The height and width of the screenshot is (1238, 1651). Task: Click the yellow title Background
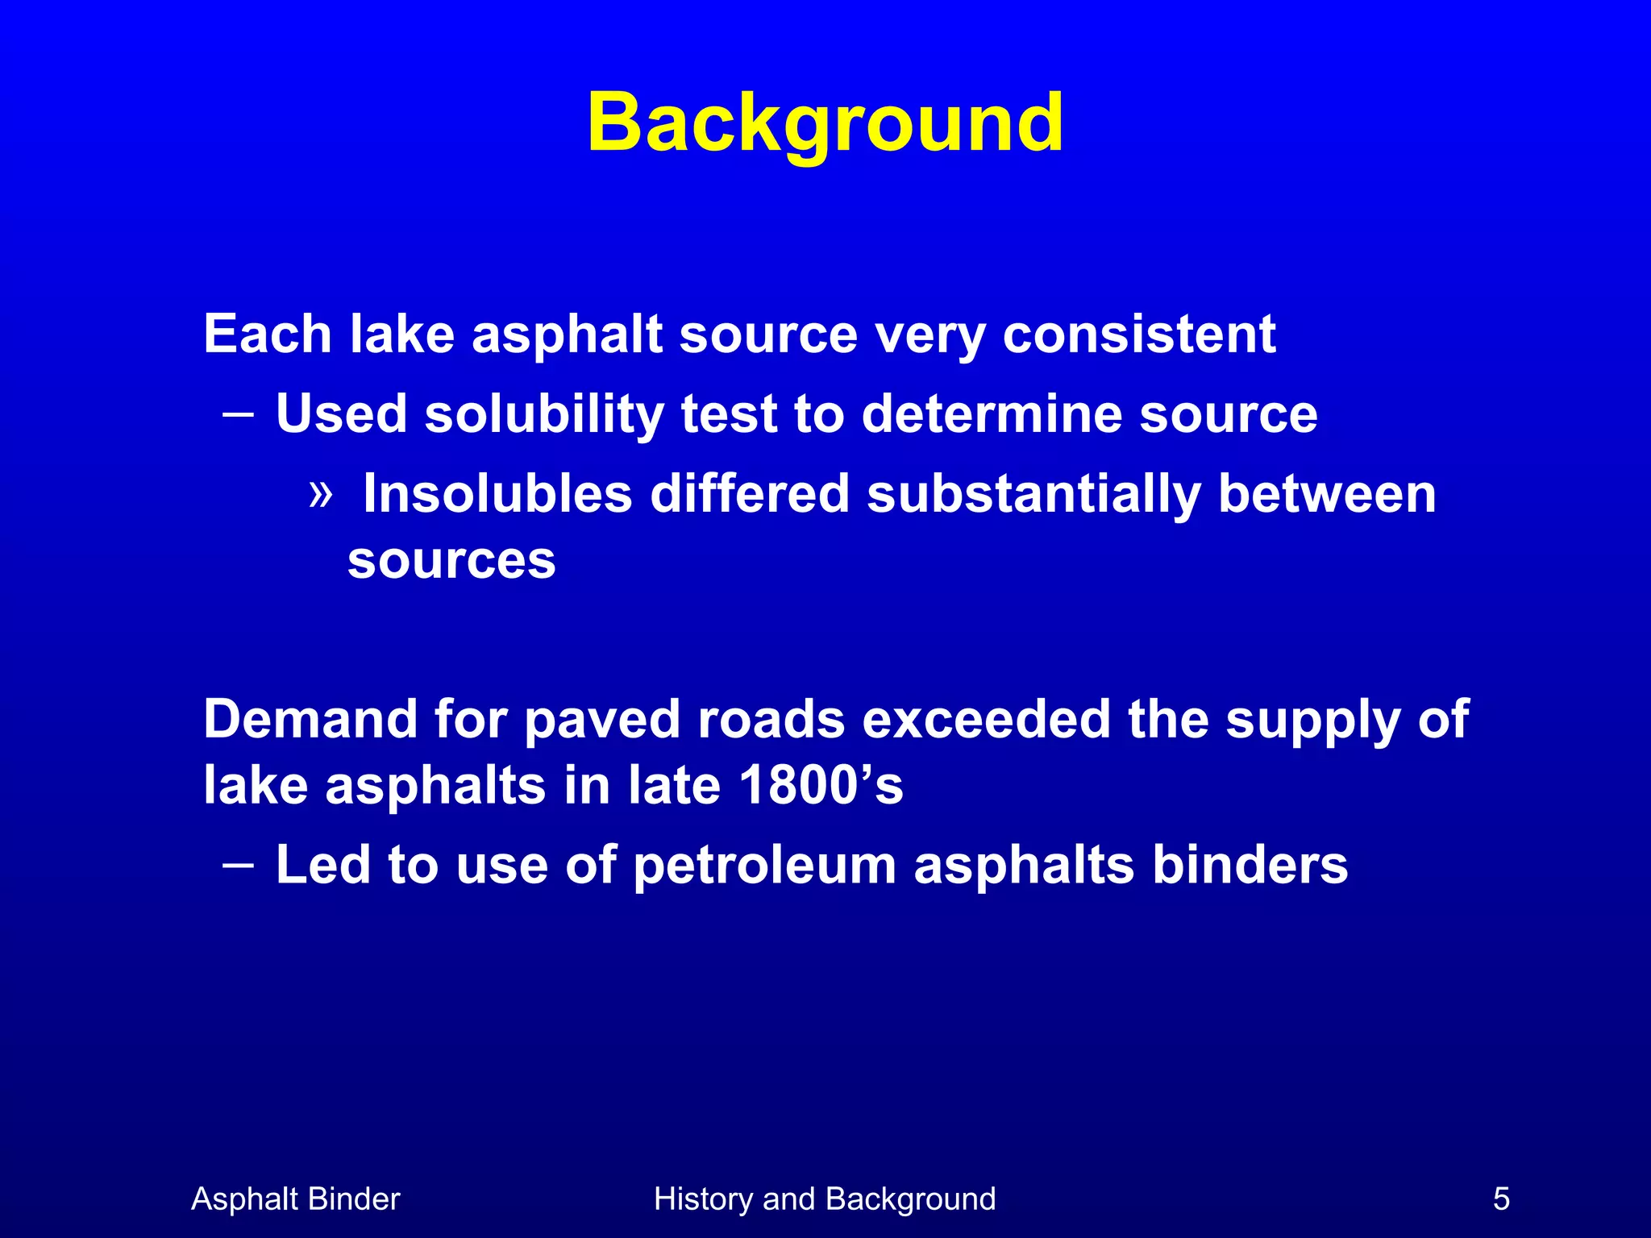coord(825,123)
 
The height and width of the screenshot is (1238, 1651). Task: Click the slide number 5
coord(1501,1199)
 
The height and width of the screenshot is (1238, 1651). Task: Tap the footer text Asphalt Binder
coord(295,1199)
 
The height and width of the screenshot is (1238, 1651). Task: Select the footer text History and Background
coord(825,1199)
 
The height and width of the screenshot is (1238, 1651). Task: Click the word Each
coord(268,334)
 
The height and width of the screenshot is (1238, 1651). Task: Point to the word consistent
coord(1138,334)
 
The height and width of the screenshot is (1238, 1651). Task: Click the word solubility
coord(544,414)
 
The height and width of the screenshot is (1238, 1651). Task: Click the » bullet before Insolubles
coord(321,493)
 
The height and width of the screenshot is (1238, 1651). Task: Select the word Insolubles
coord(497,493)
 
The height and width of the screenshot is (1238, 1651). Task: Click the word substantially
coord(1033,493)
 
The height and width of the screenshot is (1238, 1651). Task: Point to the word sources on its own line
coord(451,560)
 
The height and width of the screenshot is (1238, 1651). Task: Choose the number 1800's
coord(820,785)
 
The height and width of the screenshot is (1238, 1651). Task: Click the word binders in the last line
coord(1250,865)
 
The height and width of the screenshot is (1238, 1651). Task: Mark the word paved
coord(602,721)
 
